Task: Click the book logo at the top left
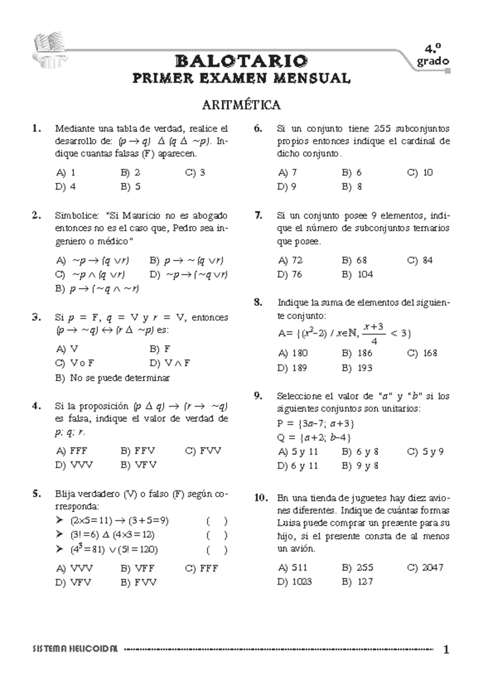coord(48,51)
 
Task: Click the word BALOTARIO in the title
coord(242,61)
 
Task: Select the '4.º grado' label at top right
coord(432,56)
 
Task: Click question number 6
coord(258,128)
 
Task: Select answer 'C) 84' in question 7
coord(420,260)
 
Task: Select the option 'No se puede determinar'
coord(120,378)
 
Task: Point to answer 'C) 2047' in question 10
coord(425,567)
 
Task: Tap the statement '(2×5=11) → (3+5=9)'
coord(119,520)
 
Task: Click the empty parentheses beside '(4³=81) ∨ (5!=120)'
coord(217,550)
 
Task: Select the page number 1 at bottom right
coord(446,650)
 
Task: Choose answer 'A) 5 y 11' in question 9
coord(297,452)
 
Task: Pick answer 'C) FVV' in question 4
coord(203,451)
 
